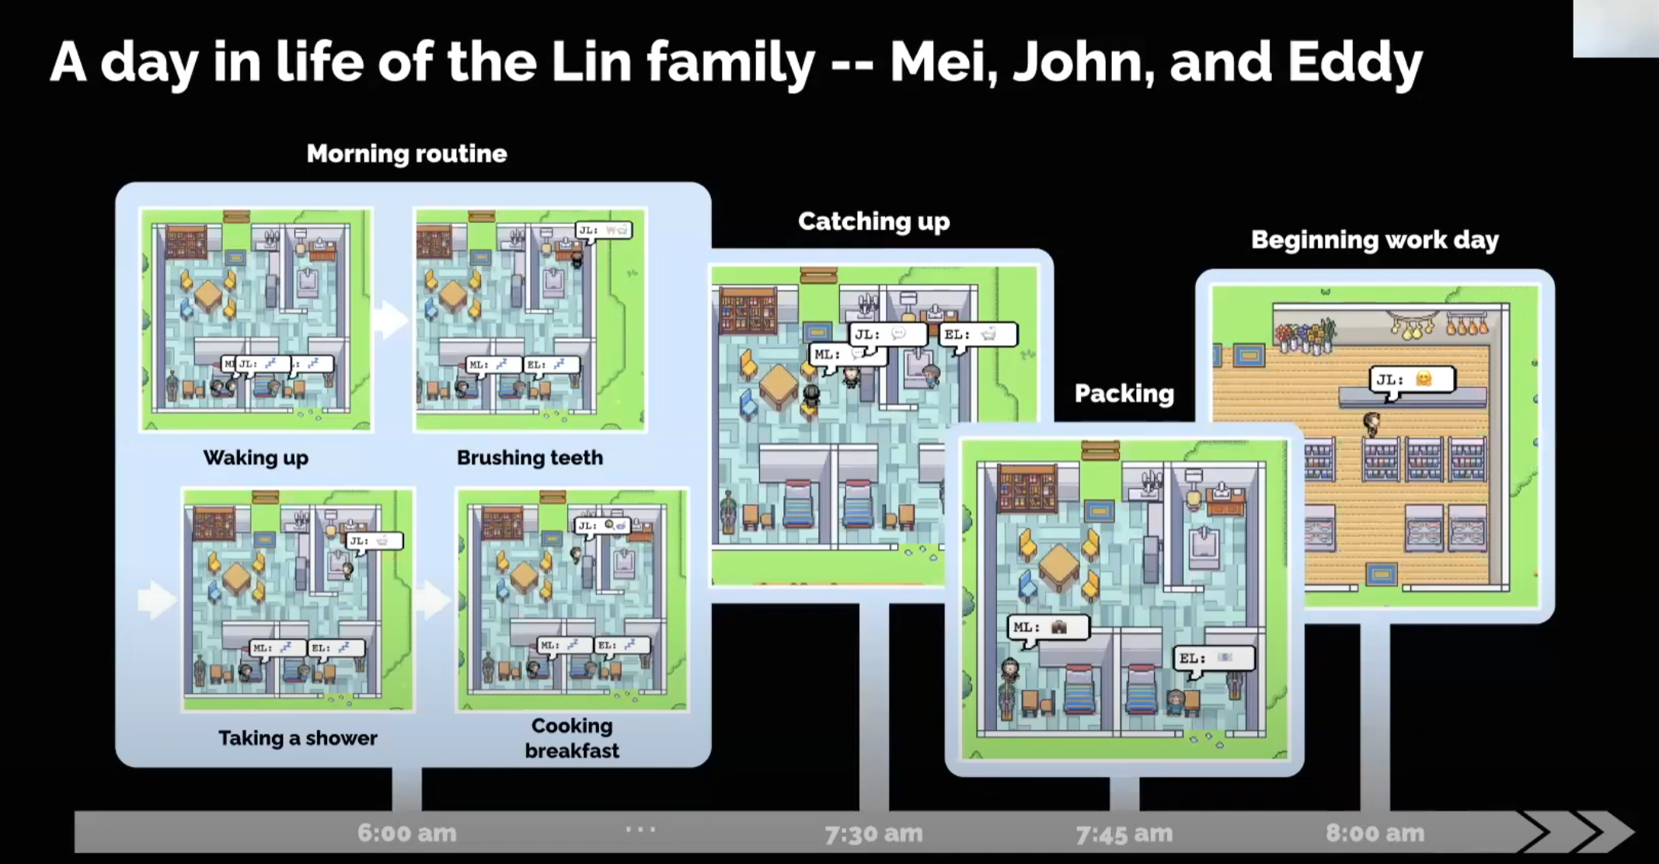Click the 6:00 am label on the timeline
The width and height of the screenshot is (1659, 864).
[406, 833]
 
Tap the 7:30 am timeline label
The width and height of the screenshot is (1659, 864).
[873, 834]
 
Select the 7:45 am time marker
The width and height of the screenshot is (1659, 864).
[1124, 834]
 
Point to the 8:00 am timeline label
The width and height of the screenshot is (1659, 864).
[1375, 833]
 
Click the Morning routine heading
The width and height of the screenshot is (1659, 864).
[406, 153]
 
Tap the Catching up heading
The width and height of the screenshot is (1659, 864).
[873, 221]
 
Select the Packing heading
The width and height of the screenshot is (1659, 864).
[1124, 393]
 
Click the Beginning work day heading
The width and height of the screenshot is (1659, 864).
[1375, 239]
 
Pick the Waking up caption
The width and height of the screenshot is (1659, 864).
[256, 457]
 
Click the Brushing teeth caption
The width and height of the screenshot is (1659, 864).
[530, 457]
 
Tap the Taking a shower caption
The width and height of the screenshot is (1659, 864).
[298, 737]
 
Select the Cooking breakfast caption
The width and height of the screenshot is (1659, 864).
[572, 737]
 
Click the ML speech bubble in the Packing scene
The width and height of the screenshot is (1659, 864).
[1048, 627]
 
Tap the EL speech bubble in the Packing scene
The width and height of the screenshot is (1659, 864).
[1213, 658]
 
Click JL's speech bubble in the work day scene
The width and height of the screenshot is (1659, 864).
[1411, 379]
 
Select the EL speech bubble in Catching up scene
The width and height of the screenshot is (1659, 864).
[978, 335]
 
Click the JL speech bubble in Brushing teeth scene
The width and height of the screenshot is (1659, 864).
[604, 230]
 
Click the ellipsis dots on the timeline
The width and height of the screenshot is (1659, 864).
[640, 830]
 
